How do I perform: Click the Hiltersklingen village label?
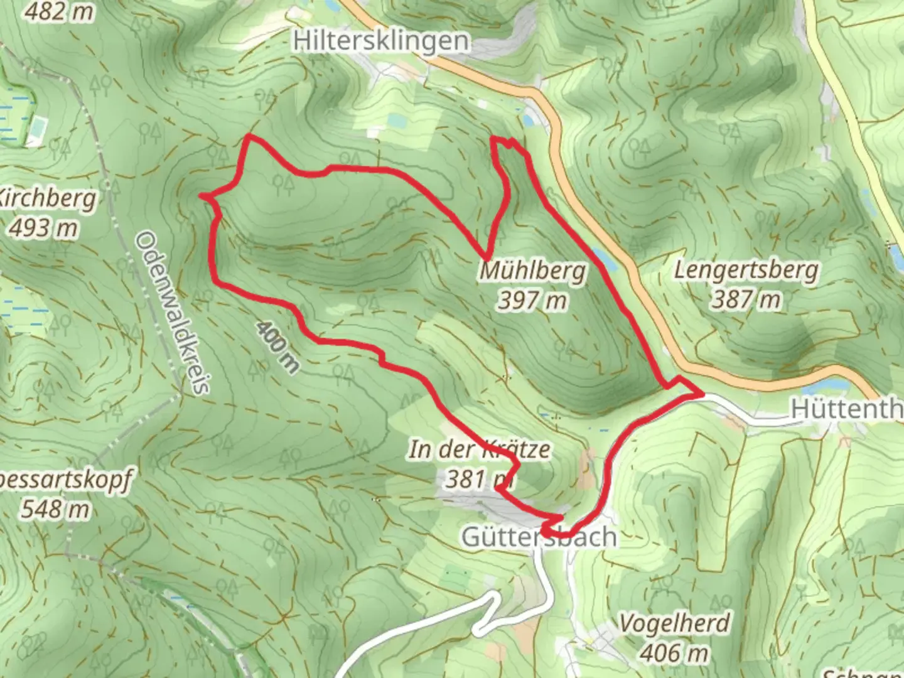(x=381, y=41)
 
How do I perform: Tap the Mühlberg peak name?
(x=533, y=271)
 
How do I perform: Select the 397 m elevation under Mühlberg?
(x=533, y=301)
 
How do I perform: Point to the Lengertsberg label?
(x=746, y=270)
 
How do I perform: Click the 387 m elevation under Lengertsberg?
(x=746, y=299)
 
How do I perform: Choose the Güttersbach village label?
(x=539, y=537)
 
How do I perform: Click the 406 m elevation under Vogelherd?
(x=674, y=653)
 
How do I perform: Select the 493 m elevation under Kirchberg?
(x=43, y=227)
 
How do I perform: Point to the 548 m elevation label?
(x=55, y=508)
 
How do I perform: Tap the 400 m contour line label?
(x=277, y=347)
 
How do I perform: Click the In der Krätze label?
(x=480, y=449)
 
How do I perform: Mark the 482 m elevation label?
(x=60, y=11)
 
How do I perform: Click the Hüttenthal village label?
(x=846, y=409)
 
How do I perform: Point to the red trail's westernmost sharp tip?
(x=202, y=196)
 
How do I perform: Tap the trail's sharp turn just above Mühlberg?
(x=487, y=258)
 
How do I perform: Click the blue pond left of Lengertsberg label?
(x=602, y=257)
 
